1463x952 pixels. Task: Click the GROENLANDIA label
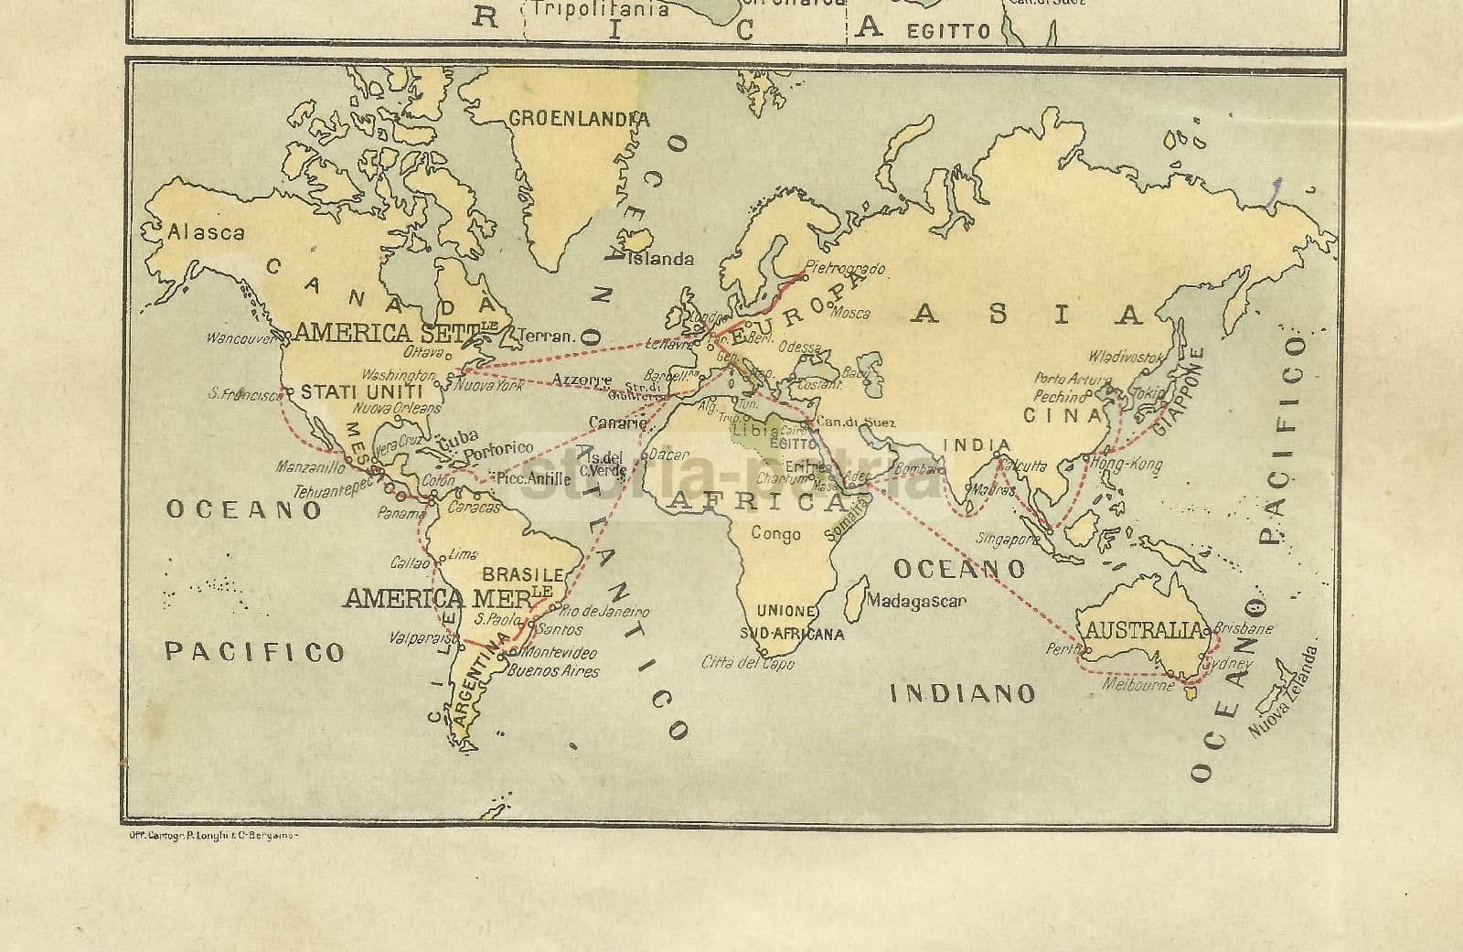point(579,119)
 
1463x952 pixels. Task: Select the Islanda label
point(661,259)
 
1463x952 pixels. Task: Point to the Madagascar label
point(915,602)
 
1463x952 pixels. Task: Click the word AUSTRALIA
point(1142,630)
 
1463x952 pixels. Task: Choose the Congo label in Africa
point(775,533)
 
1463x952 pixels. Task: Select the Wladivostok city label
point(1124,357)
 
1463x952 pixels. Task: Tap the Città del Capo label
point(747,663)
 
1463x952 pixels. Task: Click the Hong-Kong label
point(1125,465)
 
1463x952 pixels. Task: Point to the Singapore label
point(1008,539)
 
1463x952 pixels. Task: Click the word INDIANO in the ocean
point(963,693)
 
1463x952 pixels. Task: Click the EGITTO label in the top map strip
point(948,31)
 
